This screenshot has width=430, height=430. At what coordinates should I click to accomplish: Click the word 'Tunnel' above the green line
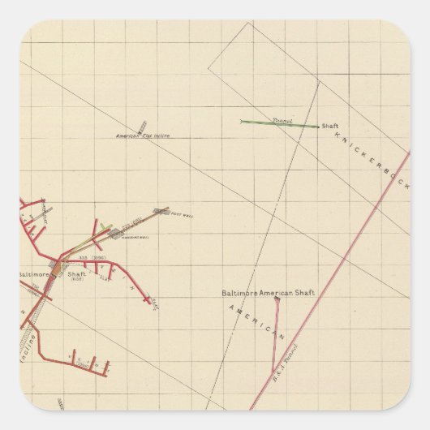[x=282, y=118]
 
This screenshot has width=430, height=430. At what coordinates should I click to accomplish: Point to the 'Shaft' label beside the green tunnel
[x=329, y=127]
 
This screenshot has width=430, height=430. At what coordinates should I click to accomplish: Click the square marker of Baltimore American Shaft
[x=277, y=299]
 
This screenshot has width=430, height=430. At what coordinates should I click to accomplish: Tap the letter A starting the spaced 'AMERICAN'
[x=231, y=307]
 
